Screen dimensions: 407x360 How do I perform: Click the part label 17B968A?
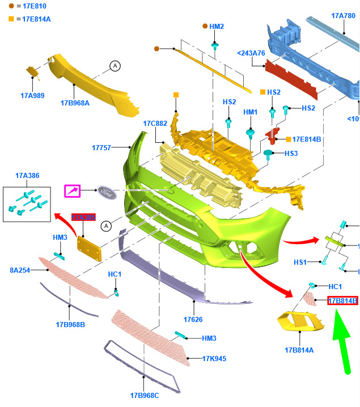[x=75, y=103]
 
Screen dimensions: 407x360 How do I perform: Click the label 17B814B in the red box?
[x=342, y=300]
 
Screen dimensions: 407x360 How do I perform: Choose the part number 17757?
[x=102, y=148]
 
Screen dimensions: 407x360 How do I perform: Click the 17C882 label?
[x=155, y=123]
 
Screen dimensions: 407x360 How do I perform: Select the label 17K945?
[x=214, y=358]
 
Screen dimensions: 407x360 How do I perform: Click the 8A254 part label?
[x=20, y=270]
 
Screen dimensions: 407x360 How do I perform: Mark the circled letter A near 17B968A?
[x=115, y=66]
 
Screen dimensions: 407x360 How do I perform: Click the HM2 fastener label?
[x=217, y=26]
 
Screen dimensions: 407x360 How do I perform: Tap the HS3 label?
[x=291, y=153]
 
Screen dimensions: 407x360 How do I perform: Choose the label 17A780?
[x=343, y=15]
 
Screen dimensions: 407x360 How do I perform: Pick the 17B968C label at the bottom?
[x=144, y=395]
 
